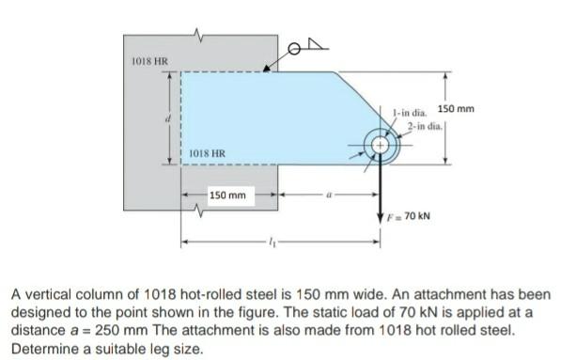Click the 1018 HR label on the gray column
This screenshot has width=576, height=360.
click(150, 61)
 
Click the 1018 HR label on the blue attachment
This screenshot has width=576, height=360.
click(207, 153)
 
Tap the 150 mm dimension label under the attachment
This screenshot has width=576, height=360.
click(227, 196)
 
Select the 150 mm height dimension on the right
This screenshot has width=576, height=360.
click(456, 109)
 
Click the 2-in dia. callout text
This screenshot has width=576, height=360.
click(424, 126)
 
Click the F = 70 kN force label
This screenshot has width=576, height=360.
click(409, 215)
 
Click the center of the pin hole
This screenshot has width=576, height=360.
click(381, 146)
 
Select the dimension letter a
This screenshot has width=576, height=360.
click(329, 196)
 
